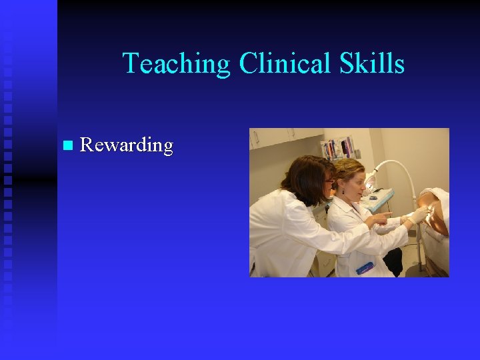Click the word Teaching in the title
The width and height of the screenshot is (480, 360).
(176, 64)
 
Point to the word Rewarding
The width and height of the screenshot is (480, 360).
(126, 145)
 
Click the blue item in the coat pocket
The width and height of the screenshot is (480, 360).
(365, 268)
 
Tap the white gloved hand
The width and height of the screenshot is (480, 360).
(418, 216)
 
